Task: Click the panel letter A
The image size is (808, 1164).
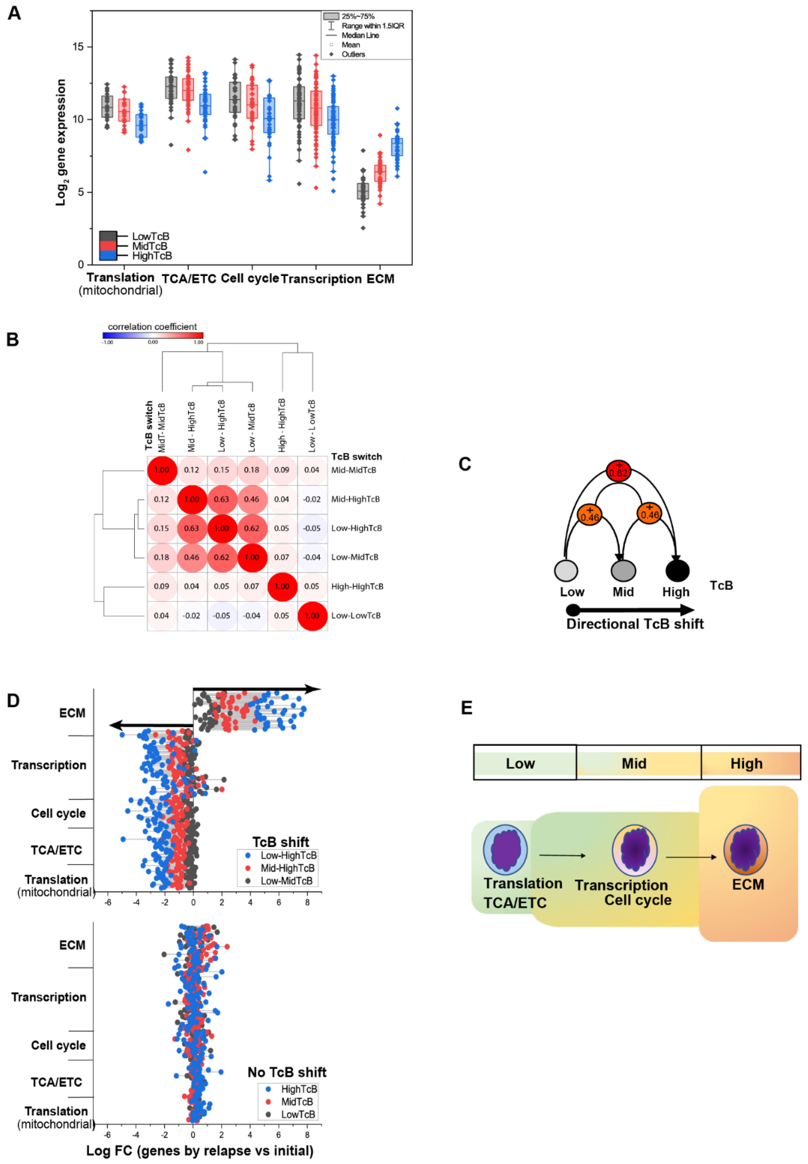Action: [x=14, y=13]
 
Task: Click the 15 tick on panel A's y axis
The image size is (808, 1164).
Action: [x=78, y=47]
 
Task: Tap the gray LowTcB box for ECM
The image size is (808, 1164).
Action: [x=363, y=191]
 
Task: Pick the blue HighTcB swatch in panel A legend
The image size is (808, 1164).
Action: [x=108, y=255]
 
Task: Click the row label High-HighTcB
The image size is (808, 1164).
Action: [x=357, y=587]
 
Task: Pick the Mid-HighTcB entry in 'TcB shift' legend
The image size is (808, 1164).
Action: [x=287, y=868]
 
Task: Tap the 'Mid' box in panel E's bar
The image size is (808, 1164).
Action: [x=634, y=763]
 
